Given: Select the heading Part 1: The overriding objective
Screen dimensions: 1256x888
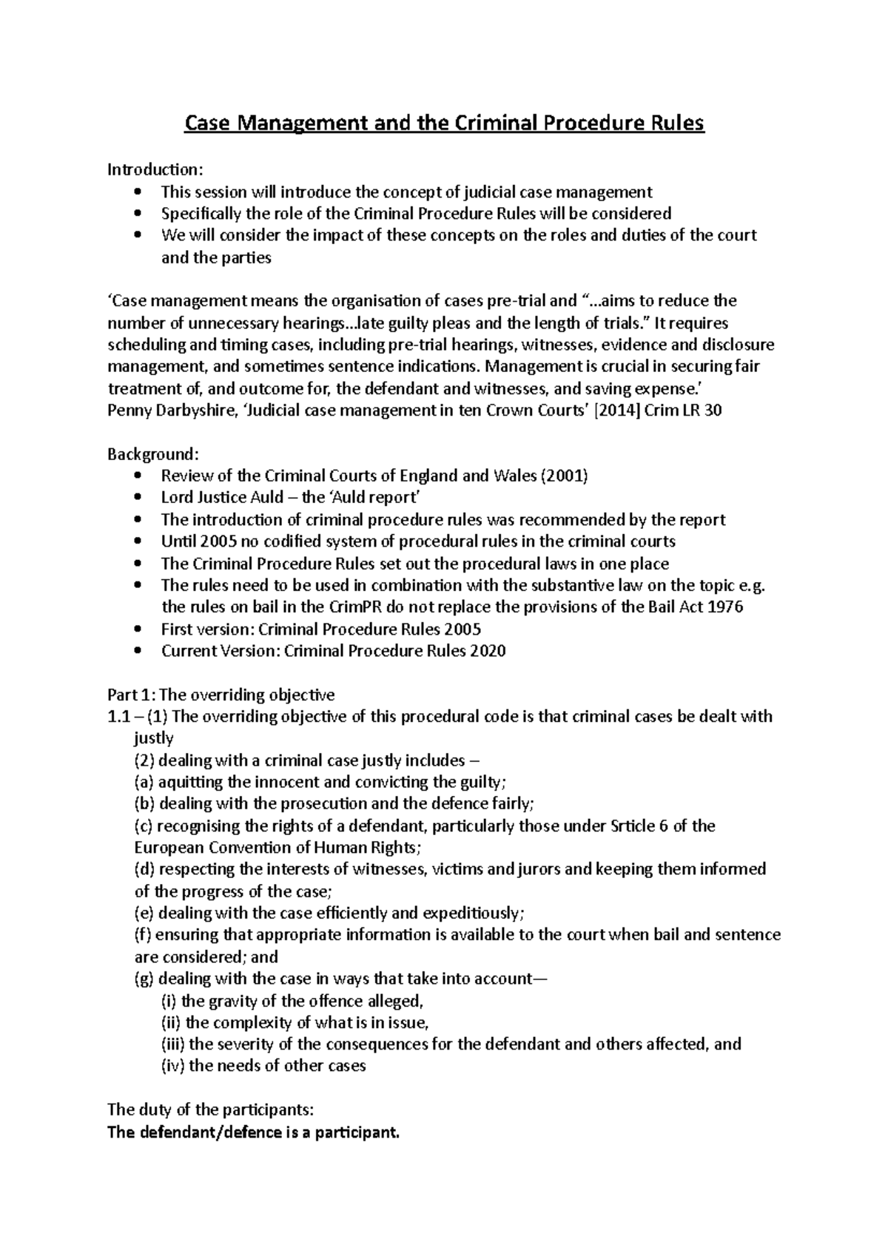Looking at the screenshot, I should click(221, 695).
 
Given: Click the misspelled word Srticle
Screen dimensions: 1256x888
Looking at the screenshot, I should click(630, 825).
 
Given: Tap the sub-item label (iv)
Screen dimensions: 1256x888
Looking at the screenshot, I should click(172, 1066).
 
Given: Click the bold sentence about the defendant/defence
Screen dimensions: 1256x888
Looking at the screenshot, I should click(253, 1132).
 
